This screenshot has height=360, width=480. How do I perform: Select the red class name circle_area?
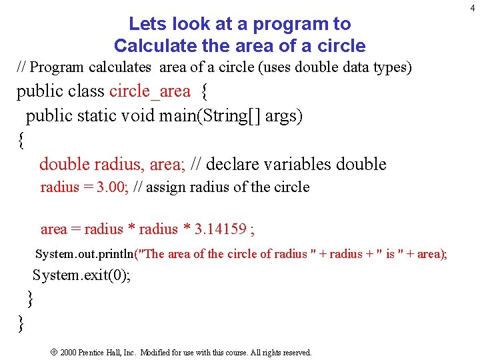(x=149, y=91)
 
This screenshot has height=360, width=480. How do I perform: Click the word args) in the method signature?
(x=284, y=116)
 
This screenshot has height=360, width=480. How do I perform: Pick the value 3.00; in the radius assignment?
(x=113, y=187)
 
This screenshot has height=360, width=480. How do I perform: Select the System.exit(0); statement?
(x=81, y=275)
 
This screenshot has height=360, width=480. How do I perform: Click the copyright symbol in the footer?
(x=53, y=352)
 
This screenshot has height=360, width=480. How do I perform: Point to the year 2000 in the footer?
(x=69, y=352)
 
